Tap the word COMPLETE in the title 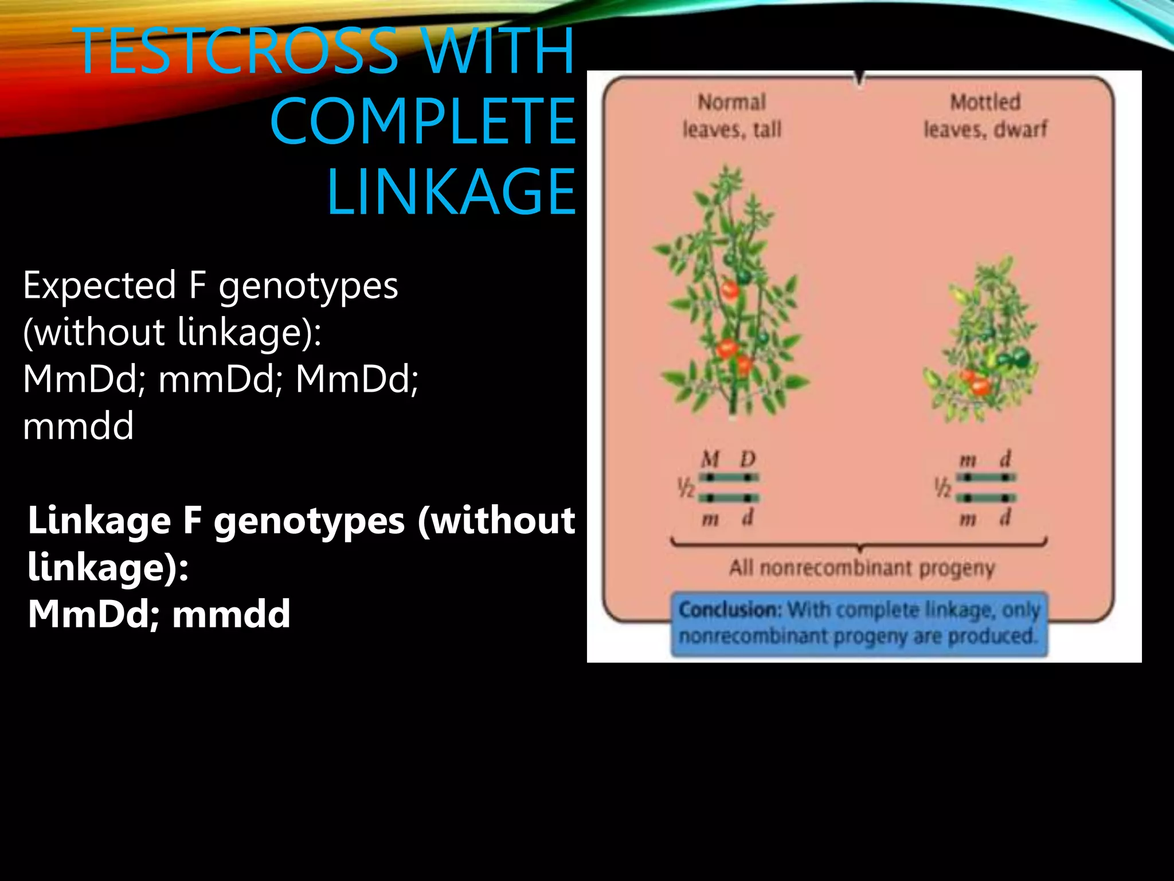(x=422, y=121)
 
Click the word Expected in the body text (x=99, y=285)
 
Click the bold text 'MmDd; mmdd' (x=159, y=614)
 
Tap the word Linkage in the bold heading (x=99, y=520)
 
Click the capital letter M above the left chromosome (x=710, y=459)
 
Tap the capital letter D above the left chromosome (x=748, y=459)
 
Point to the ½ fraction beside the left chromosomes (x=686, y=488)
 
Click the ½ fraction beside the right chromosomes (x=942, y=488)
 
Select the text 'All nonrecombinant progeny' (x=862, y=568)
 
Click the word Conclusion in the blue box (x=729, y=610)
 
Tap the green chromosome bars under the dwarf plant (x=986, y=488)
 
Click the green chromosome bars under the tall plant (x=729, y=488)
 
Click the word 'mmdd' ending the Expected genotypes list (x=79, y=426)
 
